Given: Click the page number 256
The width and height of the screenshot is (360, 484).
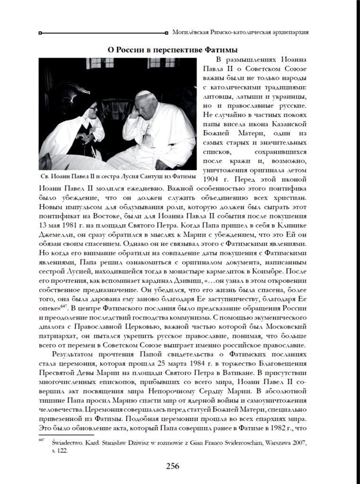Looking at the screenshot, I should pos(172,466).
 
